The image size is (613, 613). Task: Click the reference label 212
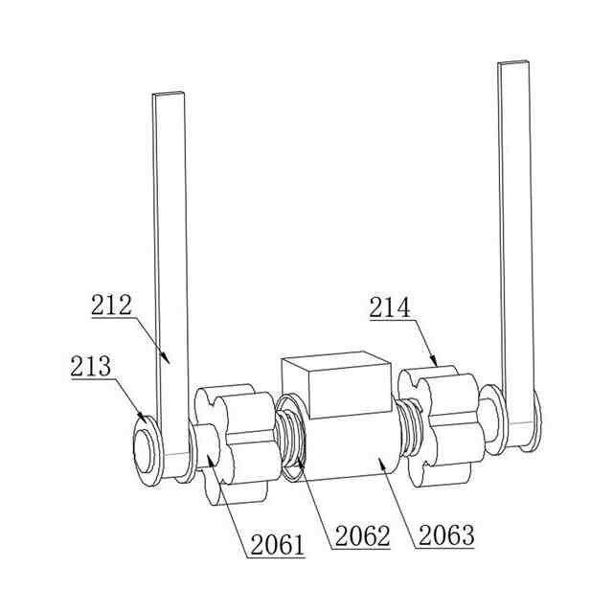click(111, 306)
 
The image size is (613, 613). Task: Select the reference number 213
click(91, 366)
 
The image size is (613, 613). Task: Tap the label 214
click(390, 307)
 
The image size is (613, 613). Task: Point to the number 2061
click(277, 545)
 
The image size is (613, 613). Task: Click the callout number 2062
click(362, 535)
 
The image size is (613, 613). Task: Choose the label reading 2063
click(446, 535)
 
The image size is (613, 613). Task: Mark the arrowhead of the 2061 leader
click(211, 460)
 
